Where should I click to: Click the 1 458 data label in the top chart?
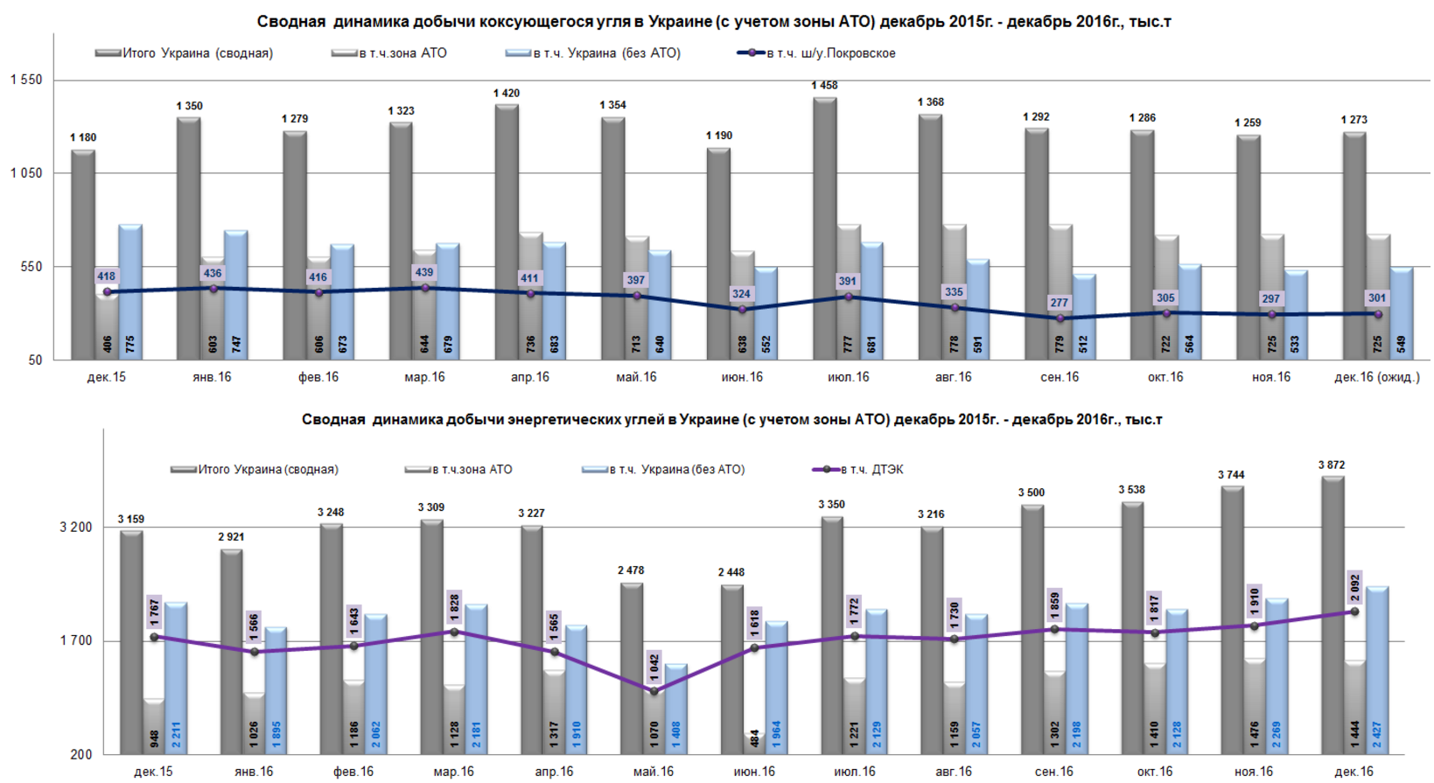click(x=824, y=86)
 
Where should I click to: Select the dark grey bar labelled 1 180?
click(x=83, y=254)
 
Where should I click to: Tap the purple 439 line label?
click(x=424, y=273)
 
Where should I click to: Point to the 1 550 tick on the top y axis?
click(x=26, y=80)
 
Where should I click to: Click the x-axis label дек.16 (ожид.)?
click(x=1377, y=377)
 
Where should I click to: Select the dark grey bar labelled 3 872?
click(x=1333, y=612)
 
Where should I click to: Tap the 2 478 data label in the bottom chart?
click(x=631, y=570)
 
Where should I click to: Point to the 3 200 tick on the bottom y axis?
click(x=76, y=528)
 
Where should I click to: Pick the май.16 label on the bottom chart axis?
click(x=654, y=772)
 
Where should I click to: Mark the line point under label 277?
click(x=1060, y=318)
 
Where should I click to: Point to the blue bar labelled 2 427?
click(x=1377, y=669)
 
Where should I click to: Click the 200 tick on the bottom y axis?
click(x=81, y=754)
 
